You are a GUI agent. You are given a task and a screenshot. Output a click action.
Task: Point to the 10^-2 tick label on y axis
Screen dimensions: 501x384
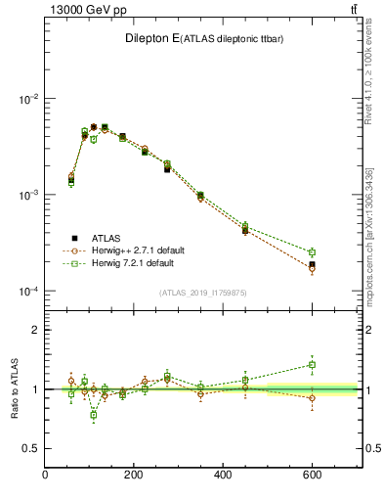point(26,100)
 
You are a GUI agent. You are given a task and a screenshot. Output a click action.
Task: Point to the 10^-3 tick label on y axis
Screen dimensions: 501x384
point(26,196)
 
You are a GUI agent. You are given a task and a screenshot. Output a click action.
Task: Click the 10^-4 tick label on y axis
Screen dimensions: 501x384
point(26,292)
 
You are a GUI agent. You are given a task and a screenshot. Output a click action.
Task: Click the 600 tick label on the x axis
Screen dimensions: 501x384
point(312,476)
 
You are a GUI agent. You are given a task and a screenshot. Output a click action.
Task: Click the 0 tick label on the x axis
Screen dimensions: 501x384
point(45,476)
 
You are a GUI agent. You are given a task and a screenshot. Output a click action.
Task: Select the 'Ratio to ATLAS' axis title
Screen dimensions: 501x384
point(13,388)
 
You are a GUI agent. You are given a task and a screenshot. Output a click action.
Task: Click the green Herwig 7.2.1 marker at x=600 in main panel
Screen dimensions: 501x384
point(312,252)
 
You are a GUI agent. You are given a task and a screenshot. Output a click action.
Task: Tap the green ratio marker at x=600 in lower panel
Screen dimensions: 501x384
point(312,365)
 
